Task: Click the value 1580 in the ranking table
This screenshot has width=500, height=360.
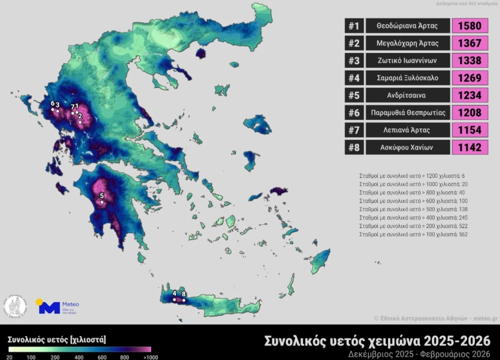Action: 470,26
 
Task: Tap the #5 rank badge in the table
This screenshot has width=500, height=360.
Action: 353,95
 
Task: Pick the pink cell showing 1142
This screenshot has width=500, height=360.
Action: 470,147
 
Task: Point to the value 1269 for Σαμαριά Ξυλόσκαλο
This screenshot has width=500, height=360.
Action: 470,78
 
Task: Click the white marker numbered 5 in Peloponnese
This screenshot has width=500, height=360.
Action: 102,201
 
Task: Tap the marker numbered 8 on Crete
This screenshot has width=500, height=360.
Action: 184,300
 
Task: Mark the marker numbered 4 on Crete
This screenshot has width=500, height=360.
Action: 174,299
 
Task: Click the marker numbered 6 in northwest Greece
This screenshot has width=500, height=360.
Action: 53,109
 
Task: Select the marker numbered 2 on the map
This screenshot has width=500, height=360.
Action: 80,122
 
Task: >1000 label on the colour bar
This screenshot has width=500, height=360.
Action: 151,357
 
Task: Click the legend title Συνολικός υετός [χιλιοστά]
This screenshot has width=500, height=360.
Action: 57,340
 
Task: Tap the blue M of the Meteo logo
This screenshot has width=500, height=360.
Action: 49,308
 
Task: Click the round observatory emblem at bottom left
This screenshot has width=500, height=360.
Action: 16,307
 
